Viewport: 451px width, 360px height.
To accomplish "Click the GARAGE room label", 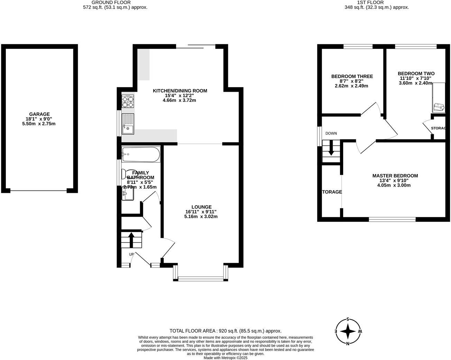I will pyautogui.click(x=39, y=114).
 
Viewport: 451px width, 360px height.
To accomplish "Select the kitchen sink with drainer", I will pyautogui.click(x=127, y=124).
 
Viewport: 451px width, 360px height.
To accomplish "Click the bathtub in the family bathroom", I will pyautogui.click(x=141, y=154).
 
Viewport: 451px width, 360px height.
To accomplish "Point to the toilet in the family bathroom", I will pyautogui.click(x=128, y=174).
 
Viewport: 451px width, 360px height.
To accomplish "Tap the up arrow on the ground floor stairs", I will pyautogui.click(x=131, y=239).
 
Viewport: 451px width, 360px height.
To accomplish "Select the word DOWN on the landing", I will pyautogui.click(x=331, y=133).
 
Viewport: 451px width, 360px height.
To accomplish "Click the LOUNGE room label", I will pyautogui.click(x=201, y=207).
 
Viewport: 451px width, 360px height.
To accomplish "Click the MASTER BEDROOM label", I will pyautogui.click(x=395, y=175).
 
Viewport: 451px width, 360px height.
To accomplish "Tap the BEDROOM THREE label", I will pyautogui.click(x=352, y=76).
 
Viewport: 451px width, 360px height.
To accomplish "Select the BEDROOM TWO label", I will pyautogui.click(x=416, y=73).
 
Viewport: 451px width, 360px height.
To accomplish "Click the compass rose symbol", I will pyautogui.click(x=348, y=332).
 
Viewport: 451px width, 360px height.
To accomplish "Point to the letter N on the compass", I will pyautogui.click(x=348, y=343).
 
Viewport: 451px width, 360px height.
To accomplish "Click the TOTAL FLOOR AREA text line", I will pyautogui.click(x=225, y=331).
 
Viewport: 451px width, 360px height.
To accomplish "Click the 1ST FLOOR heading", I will pyautogui.click(x=377, y=2).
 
